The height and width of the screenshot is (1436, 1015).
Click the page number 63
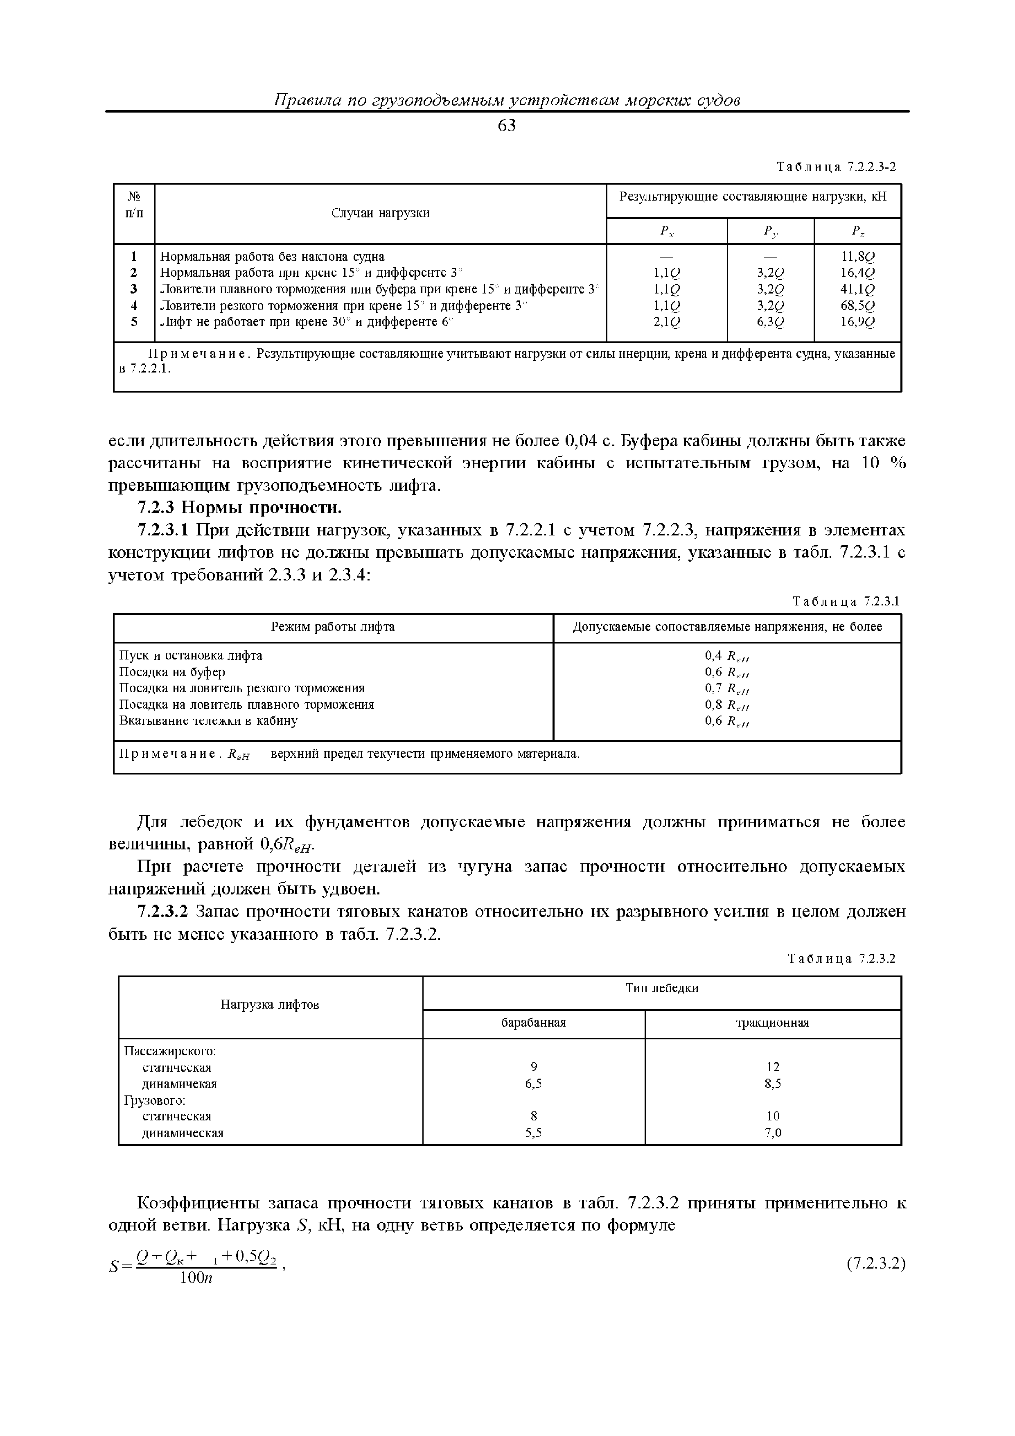tap(507, 126)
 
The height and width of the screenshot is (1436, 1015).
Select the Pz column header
tap(857, 231)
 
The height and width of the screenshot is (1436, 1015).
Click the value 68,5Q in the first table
tap(857, 306)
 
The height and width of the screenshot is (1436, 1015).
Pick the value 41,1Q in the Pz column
tap(857, 289)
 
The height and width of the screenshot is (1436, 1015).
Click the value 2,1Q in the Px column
tap(667, 322)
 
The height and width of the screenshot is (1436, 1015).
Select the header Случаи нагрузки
tap(380, 213)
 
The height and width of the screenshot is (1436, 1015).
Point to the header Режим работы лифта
tap(333, 627)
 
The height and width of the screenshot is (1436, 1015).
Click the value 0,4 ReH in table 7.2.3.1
tap(727, 656)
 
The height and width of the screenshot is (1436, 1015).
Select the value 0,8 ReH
tap(727, 705)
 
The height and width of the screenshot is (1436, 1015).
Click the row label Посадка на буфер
tap(172, 672)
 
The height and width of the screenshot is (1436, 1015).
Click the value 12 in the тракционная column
tap(773, 1068)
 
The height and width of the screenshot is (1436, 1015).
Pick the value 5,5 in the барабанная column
tap(533, 1133)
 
